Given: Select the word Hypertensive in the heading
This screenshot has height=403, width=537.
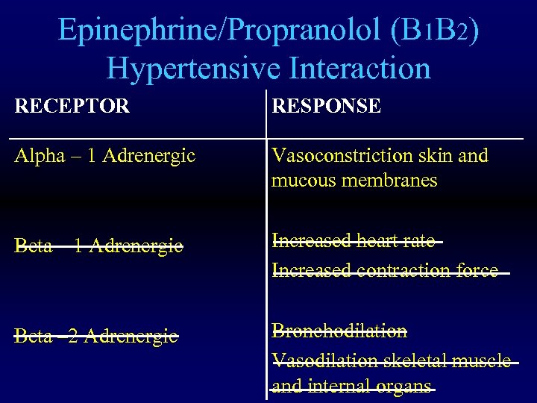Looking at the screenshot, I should point(192,69).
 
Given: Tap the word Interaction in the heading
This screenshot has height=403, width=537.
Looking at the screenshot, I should point(359,69).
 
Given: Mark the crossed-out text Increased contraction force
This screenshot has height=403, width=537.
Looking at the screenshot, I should point(385,270).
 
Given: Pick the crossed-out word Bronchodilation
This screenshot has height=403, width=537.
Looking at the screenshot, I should point(339,331).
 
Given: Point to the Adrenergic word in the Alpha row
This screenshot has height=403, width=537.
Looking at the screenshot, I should point(149,156).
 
